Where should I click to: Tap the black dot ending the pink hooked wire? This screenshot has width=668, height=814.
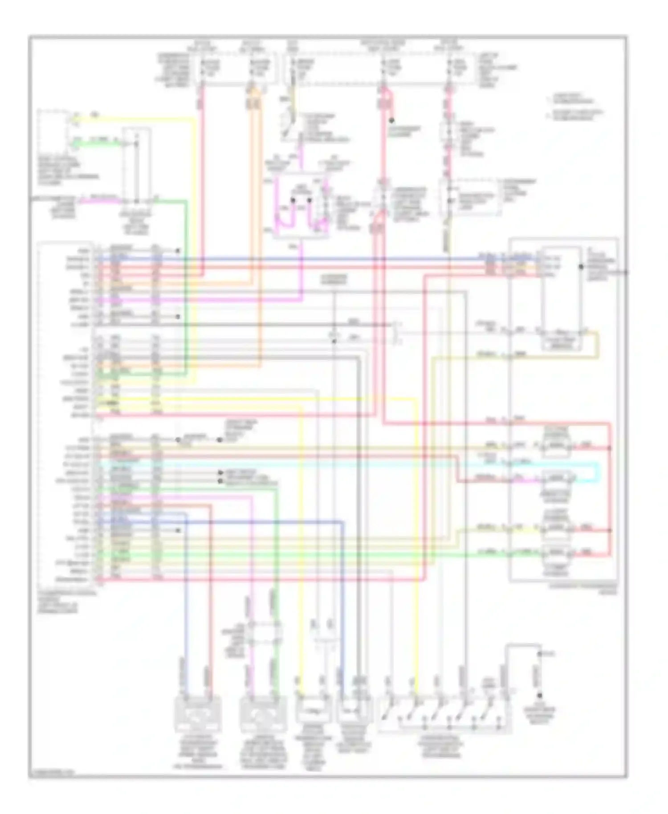click(391, 120)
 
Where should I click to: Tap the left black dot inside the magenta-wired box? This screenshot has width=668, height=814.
click(293, 200)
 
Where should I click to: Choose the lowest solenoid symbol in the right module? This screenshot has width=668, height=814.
click(556, 553)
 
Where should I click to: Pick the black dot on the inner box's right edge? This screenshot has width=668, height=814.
click(581, 267)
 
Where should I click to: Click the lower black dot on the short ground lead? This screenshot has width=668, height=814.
click(539, 695)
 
